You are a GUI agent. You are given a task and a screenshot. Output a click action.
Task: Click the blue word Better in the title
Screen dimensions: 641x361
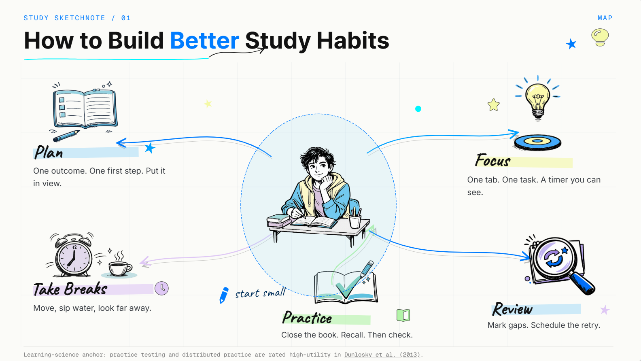coord(204,40)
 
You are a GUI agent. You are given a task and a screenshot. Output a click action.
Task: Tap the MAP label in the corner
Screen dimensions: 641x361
coord(605,18)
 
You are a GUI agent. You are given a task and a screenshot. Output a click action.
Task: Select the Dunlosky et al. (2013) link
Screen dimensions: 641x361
coord(382,355)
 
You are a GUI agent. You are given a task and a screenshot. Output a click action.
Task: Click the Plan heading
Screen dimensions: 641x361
coord(49,152)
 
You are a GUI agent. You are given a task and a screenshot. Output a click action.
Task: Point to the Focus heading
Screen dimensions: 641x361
coord(492,160)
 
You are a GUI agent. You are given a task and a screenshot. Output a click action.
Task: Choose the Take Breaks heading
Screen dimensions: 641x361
coord(70,289)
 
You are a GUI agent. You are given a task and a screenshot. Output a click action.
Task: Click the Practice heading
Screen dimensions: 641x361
coord(307,317)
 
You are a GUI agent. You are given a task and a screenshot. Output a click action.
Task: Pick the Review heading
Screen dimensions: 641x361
coord(512,309)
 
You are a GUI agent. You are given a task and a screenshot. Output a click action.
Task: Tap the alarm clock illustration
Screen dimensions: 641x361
coord(73,255)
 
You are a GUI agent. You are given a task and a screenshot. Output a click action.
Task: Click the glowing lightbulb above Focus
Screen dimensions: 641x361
coord(538,98)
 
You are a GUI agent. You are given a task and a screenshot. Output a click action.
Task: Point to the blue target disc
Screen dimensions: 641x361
coord(537,142)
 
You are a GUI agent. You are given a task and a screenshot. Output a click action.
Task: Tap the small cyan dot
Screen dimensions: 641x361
coord(418,109)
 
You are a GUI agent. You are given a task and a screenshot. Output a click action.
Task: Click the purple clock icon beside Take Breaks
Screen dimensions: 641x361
coord(162,288)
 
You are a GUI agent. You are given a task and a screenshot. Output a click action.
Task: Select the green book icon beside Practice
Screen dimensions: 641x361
coord(403,315)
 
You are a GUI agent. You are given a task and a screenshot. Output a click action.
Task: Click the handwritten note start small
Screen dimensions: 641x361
coord(260,293)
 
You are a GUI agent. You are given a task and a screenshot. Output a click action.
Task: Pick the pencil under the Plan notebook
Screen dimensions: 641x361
coord(66,136)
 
